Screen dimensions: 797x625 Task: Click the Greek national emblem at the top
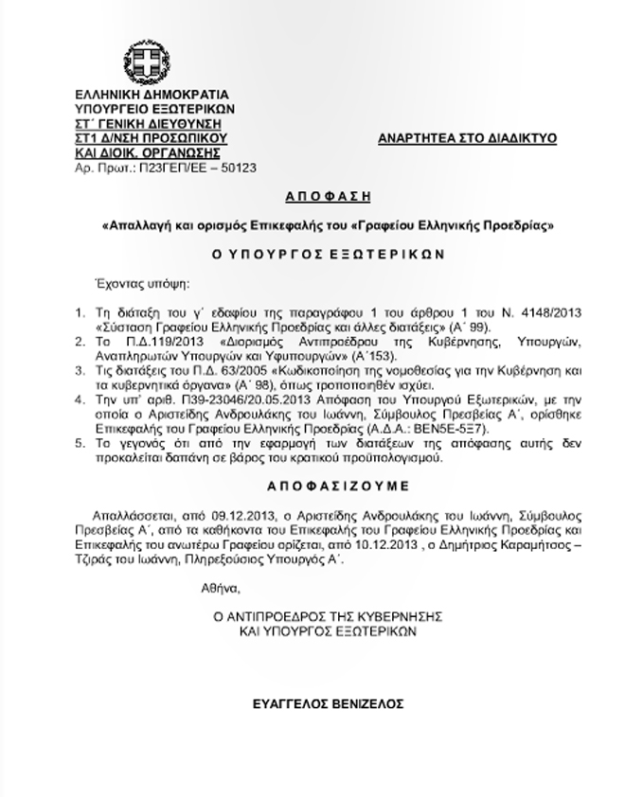(150, 62)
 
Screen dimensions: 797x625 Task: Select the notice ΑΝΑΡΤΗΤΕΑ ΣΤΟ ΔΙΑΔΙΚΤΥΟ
(467, 138)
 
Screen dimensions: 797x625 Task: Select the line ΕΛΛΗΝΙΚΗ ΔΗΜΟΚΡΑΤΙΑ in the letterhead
(151, 97)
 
